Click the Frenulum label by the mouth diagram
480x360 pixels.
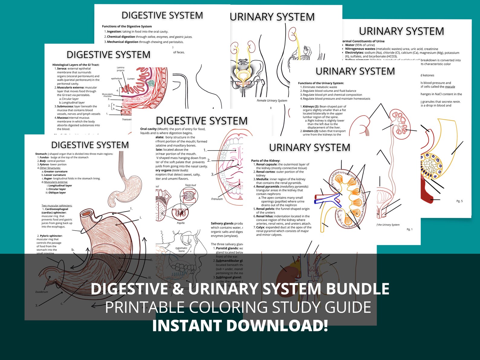[x=217, y=199]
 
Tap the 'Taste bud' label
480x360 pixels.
[x=190, y=185]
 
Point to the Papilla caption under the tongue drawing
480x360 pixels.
[x=181, y=223]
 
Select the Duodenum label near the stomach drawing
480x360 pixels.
[x=41, y=292]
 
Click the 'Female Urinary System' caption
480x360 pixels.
[x=272, y=101]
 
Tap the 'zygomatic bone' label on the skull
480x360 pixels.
[x=181, y=249]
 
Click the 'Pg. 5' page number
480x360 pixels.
[x=459, y=201]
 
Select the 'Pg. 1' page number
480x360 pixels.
[x=410, y=229]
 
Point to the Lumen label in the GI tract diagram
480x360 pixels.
[x=131, y=79]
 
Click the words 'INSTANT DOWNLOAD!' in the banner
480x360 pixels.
[x=240, y=326]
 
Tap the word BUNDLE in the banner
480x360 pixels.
[x=358, y=289]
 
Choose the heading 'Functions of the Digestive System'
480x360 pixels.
[x=127, y=27]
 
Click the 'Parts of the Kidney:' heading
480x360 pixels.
[x=265, y=161]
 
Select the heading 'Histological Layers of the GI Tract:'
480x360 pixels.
[x=76, y=65]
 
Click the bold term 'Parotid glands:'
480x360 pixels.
[x=227, y=248]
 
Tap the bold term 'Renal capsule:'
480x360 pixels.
[x=267, y=164]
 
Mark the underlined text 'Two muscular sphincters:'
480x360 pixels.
[x=57, y=206]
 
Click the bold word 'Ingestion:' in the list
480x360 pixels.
[x=114, y=32]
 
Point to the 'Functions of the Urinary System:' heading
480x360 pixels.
[x=321, y=83]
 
